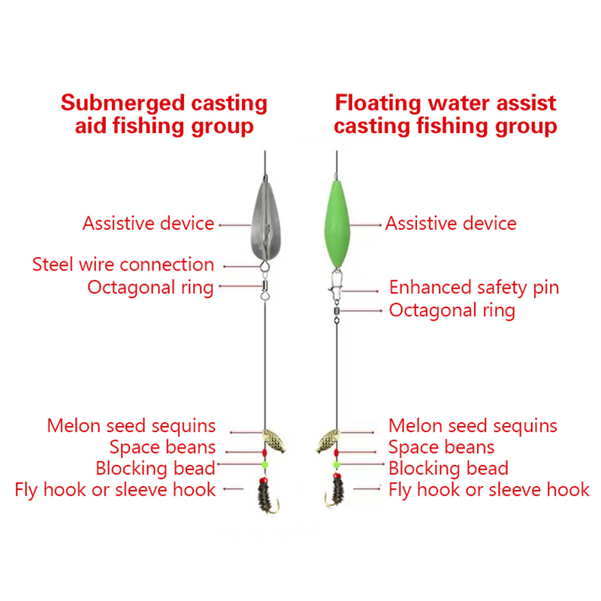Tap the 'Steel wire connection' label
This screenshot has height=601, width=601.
[x=123, y=264]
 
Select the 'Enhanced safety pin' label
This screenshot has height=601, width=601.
[x=473, y=288]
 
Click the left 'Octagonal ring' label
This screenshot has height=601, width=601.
[x=150, y=287]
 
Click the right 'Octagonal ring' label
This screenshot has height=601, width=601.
[x=452, y=310]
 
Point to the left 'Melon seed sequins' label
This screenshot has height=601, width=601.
[x=131, y=426]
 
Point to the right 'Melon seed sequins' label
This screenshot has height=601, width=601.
[x=473, y=426]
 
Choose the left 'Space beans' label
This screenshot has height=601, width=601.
[x=162, y=448]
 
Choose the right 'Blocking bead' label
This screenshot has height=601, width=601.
[x=448, y=469]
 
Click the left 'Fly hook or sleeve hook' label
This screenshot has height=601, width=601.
[x=115, y=490]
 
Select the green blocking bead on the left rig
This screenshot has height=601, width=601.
[x=264, y=464]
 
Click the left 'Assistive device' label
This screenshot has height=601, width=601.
[x=148, y=223]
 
